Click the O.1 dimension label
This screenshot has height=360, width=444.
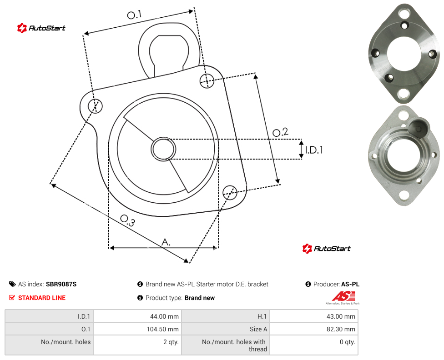point(134,15)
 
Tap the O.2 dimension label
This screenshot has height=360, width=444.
point(280,132)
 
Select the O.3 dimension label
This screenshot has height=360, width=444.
point(127,220)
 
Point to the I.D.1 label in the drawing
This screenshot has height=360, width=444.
point(314,150)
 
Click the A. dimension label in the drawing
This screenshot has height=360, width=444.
point(166,242)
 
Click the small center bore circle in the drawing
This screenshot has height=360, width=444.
point(163,149)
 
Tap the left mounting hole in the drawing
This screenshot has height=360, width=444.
point(95,106)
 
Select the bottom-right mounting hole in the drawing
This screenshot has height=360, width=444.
point(230,192)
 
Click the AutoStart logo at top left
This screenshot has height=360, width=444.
point(41,28)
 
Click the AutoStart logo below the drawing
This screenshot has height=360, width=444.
point(327,249)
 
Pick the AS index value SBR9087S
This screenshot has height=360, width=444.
point(61,284)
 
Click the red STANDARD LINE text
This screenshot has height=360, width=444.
point(42,298)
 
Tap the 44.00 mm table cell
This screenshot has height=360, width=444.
point(138,316)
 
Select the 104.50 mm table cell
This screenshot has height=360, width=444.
point(138,329)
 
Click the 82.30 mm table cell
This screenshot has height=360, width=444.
point(314,329)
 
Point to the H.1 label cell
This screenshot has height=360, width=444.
point(226,316)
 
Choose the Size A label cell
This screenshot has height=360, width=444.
point(226,329)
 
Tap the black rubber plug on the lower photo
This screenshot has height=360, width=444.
point(419,127)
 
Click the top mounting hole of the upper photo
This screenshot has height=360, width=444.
point(403,13)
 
